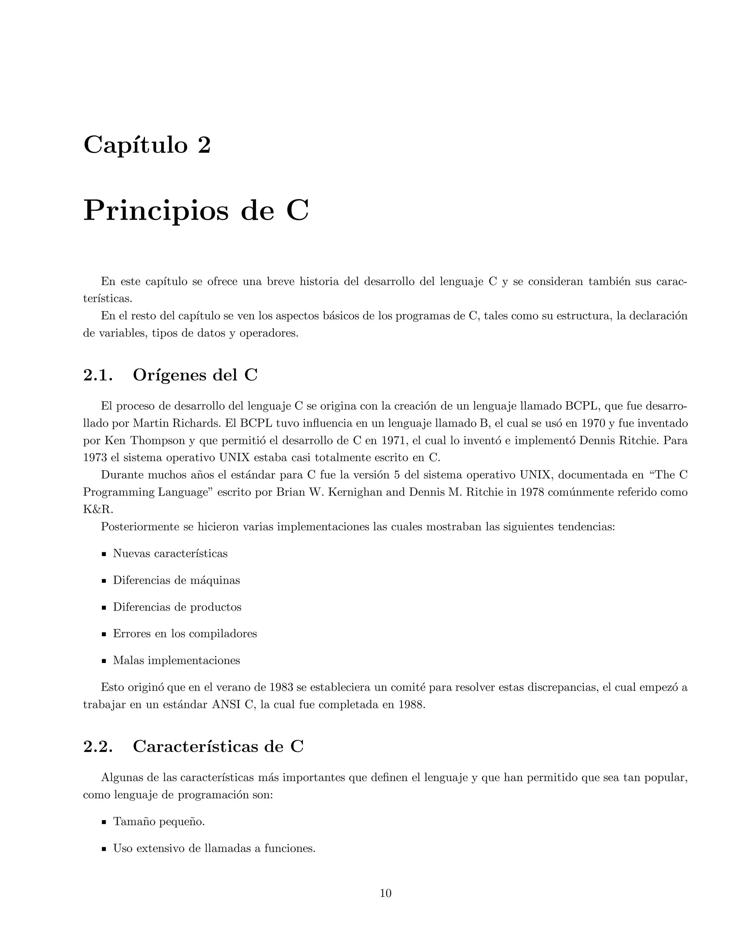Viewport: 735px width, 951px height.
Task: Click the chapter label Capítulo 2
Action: coord(147,145)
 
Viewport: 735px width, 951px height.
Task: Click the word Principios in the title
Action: coord(155,211)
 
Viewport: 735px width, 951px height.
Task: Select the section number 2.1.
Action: coord(98,375)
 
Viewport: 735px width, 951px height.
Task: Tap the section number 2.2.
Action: coord(98,746)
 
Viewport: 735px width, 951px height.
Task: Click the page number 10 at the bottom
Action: coord(386,894)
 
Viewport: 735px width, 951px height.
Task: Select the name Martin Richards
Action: coord(171,423)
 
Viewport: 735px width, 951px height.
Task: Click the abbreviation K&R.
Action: coord(98,510)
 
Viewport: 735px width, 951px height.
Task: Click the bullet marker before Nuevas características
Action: coord(104,555)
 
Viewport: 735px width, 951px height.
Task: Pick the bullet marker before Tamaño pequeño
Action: coord(104,823)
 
